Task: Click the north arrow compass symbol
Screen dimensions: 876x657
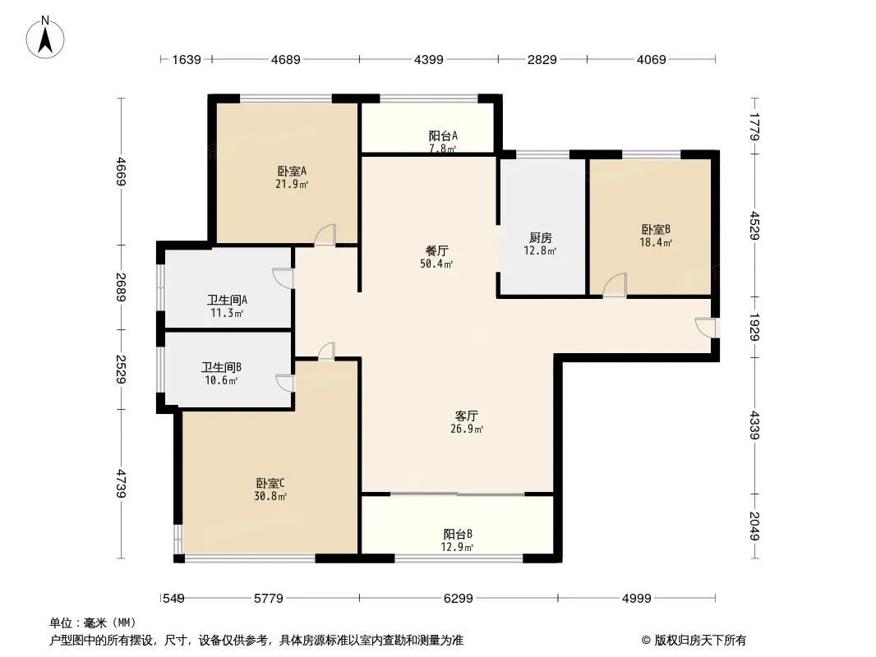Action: point(45,38)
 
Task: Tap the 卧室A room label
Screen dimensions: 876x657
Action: point(292,172)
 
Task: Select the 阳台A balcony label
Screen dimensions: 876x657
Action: point(443,136)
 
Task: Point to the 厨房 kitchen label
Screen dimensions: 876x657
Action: point(540,238)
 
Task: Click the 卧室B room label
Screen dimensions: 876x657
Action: point(656,229)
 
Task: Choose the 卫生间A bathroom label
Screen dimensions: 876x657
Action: point(227,300)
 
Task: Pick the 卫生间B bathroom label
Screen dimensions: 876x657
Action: point(221,367)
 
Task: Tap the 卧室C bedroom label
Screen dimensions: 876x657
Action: point(270,483)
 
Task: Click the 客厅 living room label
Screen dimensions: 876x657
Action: point(467,416)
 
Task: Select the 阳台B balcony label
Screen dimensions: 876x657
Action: point(458,534)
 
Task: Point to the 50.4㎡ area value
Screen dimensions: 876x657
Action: point(436,264)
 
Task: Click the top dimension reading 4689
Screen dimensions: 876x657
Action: point(285,59)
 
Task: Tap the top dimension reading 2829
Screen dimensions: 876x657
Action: point(542,59)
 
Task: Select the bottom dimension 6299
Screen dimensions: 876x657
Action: point(458,599)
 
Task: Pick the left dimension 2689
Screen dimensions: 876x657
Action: point(122,287)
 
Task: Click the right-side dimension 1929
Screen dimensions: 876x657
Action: point(754,327)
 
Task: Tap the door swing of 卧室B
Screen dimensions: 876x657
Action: point(615,285)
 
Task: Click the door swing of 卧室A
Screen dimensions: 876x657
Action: point(325,235)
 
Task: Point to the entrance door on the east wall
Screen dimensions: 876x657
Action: point(706,328)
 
